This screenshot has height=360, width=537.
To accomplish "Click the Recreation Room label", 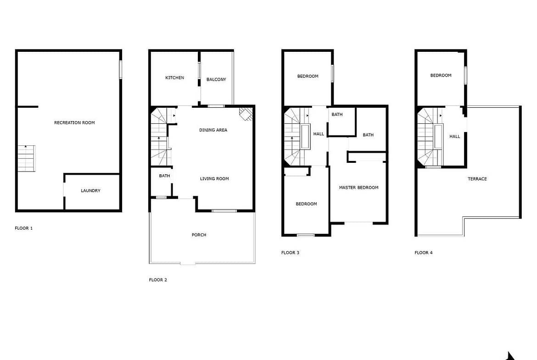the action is pos(74,122).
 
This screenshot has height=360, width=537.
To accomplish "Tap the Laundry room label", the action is pos(90,191).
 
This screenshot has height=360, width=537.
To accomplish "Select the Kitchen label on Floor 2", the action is pos(175,78).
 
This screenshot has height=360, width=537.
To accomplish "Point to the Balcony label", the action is pos(216,79).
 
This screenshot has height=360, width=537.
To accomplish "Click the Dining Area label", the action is pos(213,130).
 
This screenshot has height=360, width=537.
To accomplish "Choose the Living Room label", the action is pos(214,179).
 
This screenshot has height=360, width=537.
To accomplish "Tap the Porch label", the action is pos(199,235).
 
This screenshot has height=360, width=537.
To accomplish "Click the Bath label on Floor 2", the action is pos(164,176).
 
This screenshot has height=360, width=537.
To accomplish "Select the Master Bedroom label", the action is pos(358,188).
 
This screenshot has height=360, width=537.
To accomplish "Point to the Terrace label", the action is pos(477,179).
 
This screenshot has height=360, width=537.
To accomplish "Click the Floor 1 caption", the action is pos(23,228).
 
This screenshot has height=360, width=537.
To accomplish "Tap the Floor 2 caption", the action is pos(158,280).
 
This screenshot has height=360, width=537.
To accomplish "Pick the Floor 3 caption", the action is pos(290,253).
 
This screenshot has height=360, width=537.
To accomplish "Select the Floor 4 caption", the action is pos(423,253).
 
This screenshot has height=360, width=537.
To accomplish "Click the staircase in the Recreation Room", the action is pos(26,158).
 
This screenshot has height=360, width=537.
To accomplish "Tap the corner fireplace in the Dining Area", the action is pos(246,114).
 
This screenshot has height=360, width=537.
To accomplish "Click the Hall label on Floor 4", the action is pos(454,137).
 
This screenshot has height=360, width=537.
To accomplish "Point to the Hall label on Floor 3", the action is pos(319,134).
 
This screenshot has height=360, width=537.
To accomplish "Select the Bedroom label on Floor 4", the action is pos(441,75).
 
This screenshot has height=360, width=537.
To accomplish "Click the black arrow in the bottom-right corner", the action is pos(510,356).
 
